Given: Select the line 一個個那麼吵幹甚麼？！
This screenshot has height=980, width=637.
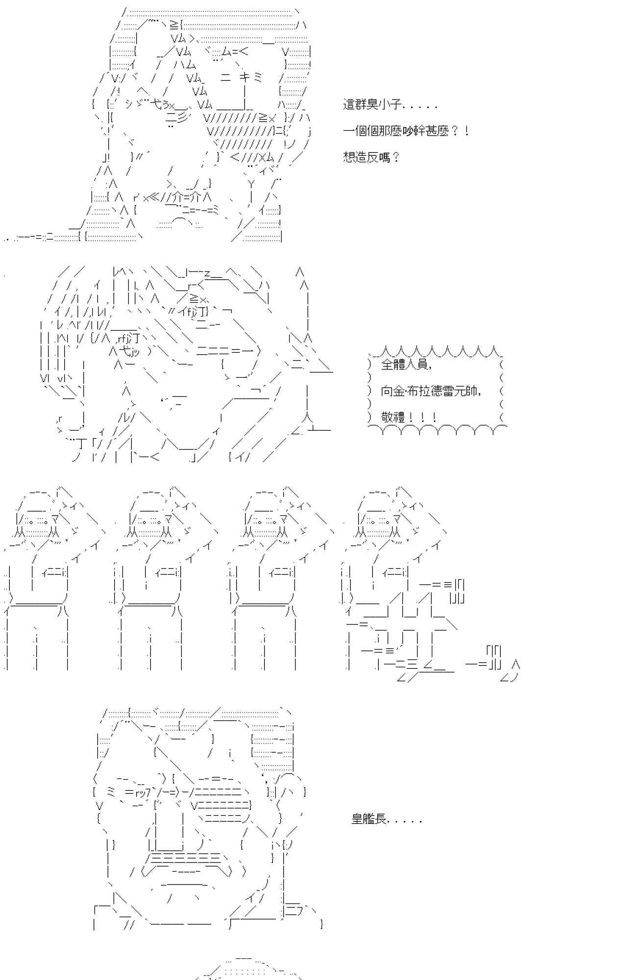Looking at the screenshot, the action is point(406,131).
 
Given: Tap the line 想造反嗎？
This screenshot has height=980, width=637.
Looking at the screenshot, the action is point(371,157).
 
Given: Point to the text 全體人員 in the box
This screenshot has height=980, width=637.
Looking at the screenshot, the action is point(404,364).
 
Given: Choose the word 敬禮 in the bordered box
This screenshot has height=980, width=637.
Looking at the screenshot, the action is point(393,417).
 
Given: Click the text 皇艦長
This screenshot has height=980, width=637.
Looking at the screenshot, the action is point(369,818).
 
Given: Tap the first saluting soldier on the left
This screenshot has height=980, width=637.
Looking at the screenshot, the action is point(51,578).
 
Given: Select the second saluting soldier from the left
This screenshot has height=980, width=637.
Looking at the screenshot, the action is point(162,578).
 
